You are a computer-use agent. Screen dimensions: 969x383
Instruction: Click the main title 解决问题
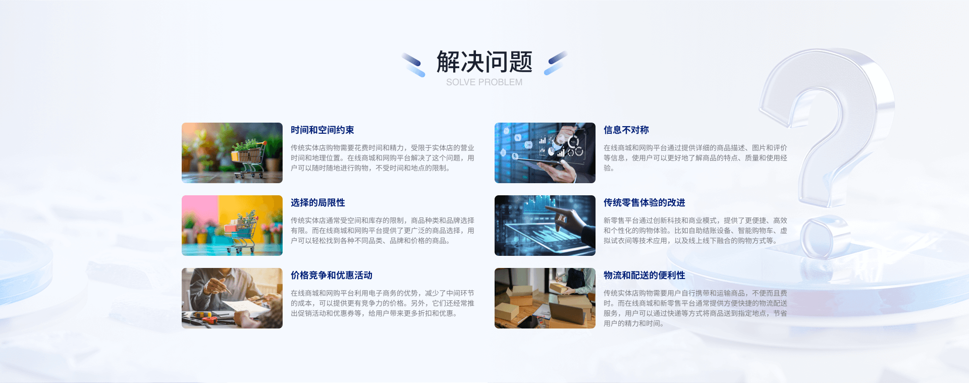[484, 62]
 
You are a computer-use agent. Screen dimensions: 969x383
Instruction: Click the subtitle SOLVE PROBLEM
[484, 82]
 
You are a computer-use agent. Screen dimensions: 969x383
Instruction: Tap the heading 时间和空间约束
[322, 130]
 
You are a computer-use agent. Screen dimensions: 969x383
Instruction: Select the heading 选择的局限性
[318, 203]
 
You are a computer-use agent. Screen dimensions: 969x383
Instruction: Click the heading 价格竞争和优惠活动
[332, 276]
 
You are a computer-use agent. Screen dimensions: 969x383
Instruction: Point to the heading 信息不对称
[626, 130]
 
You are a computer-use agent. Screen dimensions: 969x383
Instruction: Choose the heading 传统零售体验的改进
[644, 203]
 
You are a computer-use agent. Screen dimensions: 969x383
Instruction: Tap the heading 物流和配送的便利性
[644, 276]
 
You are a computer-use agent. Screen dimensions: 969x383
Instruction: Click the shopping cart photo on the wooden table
[232, 153]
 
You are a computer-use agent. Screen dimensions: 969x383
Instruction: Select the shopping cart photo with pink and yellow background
[232, 226]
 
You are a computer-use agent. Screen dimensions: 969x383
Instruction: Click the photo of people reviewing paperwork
[232, 298]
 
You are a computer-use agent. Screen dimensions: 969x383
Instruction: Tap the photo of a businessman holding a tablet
[545, 153]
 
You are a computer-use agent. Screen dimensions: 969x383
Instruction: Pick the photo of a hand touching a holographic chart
[545, 226]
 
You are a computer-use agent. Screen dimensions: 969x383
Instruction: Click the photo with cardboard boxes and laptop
[545, 298]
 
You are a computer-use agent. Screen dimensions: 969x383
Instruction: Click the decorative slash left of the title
[413, 65]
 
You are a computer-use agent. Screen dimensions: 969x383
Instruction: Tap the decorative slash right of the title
[556, 63]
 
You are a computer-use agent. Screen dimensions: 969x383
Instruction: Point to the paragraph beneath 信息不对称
[695, 158]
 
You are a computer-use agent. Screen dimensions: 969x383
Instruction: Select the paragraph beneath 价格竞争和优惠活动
[383, 303]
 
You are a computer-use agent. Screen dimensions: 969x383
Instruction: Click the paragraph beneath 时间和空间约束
[383, 158]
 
